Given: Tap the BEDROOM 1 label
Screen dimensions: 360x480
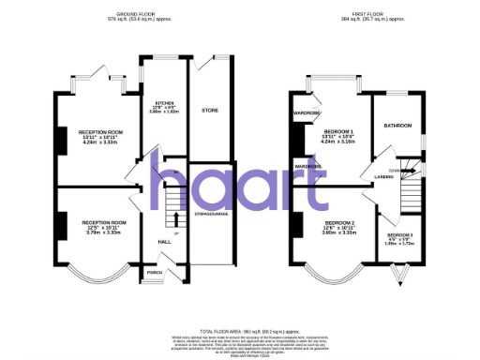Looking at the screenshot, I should pyautogui.click(x=338, y=130).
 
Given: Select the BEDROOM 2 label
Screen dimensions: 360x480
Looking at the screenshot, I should pyautogui.click(x=338, y=222).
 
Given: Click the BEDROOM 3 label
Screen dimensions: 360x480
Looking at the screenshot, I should pyautogui.click(x=400, y=234).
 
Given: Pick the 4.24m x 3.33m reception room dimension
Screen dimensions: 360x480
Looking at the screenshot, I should pyautogui.click(x=102, y=143).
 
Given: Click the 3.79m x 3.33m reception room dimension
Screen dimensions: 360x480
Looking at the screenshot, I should pyautogui.click(x=104, y=232).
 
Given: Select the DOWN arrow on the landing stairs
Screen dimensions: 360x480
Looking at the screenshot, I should pyautogui.click(x=397, y=170).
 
